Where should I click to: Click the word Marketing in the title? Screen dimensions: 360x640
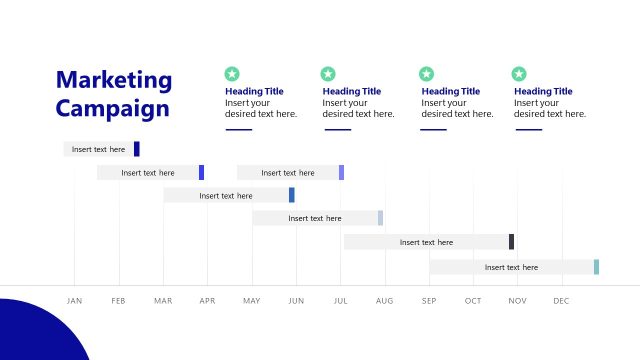(113, 81)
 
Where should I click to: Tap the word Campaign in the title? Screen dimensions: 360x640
(112, 108)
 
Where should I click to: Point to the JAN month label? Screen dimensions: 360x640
(74, 301)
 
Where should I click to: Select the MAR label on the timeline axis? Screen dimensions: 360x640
(163, 301)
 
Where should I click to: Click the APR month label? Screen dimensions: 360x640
(207, 301)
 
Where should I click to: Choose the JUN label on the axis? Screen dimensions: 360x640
(295, 301)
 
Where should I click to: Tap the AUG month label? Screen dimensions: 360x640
(384, 301)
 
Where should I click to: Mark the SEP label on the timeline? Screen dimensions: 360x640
(429, 301)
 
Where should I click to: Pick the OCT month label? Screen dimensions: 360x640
(473, 301)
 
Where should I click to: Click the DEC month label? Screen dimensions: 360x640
(561, 301)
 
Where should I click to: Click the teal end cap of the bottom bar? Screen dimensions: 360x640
(596, 267)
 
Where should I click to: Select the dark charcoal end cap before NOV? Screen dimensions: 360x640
(511, 242)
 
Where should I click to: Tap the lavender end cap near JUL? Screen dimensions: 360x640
(341, 172)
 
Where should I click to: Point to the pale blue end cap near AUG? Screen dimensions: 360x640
(380, 218)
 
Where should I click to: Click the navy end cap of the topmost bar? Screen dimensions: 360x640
(137, 149)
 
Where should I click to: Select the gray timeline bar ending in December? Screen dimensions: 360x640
(511, 267)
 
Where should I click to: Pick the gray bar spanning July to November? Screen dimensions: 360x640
(426, 242)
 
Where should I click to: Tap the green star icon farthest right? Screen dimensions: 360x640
(519, 74)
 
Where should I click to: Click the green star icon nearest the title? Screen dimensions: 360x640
(232, 74)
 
